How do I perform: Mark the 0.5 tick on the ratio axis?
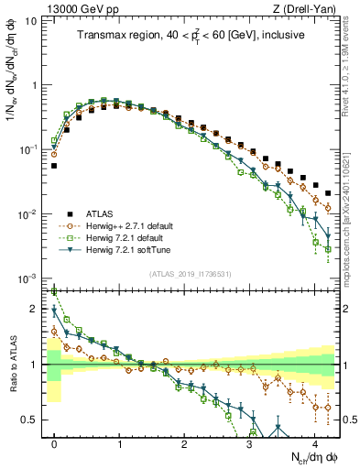[34, 420]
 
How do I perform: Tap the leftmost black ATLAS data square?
[54, 166]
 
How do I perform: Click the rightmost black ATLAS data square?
[328, 193]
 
